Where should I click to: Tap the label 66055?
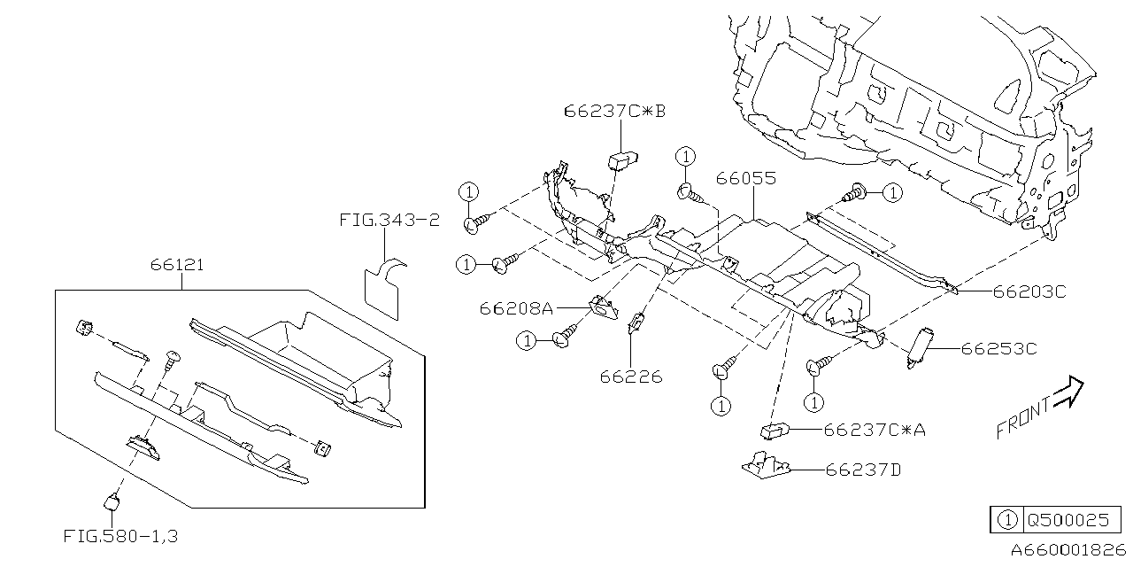(x=745, y=179)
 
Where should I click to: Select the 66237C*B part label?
(x=614, y=112)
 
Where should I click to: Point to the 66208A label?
(x=516, y=308)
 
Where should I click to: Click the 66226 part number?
(x=630, y=377)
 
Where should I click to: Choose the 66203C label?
(x=1029, y=291)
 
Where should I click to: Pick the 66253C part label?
(x=998, y=348)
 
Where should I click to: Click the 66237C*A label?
(x=875, y=430)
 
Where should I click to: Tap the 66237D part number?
(x=862, y=470)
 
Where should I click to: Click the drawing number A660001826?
(x=1068, y=550)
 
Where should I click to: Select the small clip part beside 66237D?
(x=766, y=465)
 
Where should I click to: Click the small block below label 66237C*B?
(x=622, y=159)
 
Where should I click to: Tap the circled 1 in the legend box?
(x=1006, y=520)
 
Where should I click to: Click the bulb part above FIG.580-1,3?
(x=112, y=501)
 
